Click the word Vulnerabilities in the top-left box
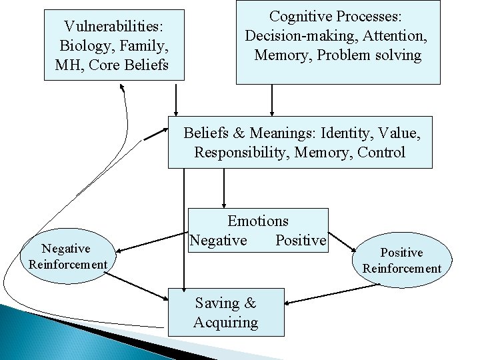point(114,27)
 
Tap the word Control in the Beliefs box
point(381,152)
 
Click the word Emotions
point(258,221)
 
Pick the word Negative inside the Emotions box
point(218,240)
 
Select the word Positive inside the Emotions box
point(301,240)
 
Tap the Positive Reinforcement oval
point(401,261)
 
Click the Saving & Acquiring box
point(226,313)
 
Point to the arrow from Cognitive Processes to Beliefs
point(272,100)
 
